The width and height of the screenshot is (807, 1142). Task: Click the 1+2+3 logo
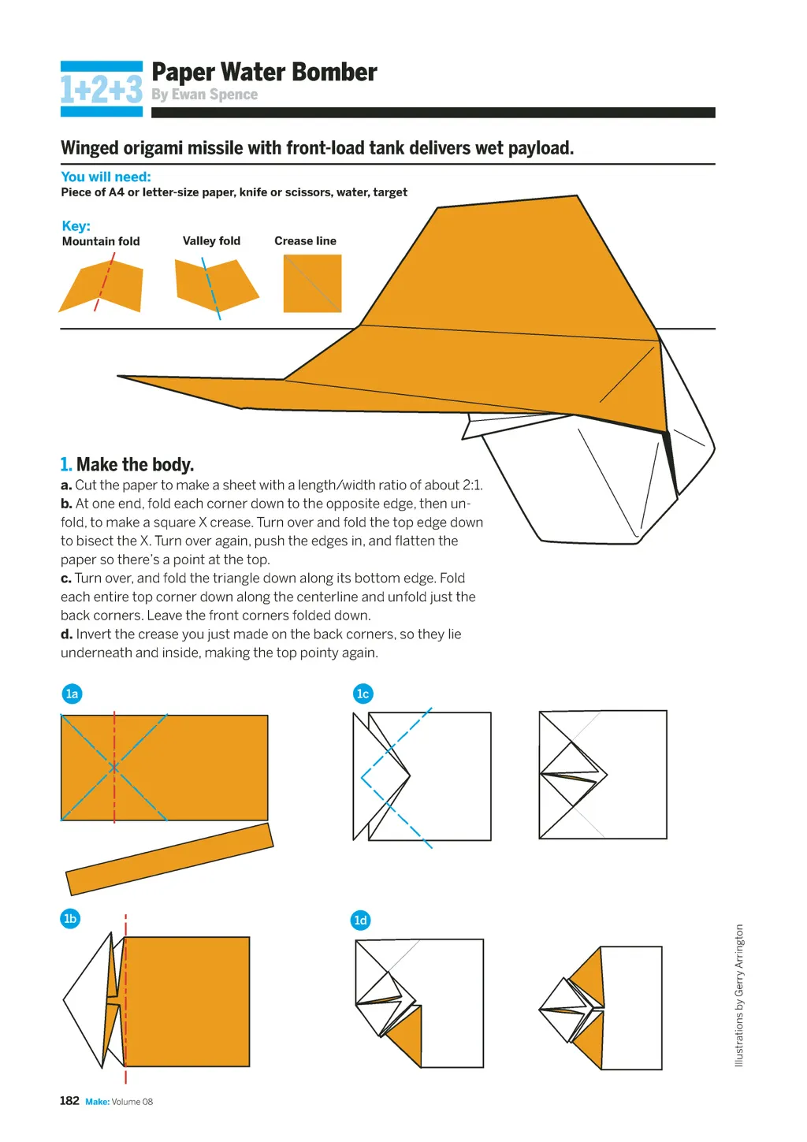click(x=102, y=89)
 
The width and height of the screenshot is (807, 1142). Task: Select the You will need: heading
click(x=106, y=177)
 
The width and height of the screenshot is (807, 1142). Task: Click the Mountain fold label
click(x=101, y=241)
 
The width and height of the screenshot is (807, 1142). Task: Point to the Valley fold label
click(x=211, y=240)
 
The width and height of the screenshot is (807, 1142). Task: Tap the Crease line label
click(x=305, y=240)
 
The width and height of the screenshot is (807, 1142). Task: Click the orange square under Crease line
click(x=313, y=284)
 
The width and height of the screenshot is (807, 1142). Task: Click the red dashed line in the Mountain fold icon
click(x=105, y=281)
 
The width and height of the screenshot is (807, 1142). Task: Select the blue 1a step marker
click(x=72, y=694)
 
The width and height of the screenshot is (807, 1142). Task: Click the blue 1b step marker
click(x=70, y=919)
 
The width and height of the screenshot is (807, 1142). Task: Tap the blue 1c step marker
click(x=363, y=694)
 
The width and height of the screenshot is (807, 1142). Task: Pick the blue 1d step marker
click(x=360, y=921)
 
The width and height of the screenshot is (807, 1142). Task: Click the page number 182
click(x=69, y=1101)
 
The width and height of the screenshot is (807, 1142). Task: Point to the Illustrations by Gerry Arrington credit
click(x=739, y=995)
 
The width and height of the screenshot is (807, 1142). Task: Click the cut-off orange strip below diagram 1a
click(x=169, y=859)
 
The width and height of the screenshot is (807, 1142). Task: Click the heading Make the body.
click(x=135, y=464)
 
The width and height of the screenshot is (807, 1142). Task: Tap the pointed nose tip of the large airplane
click(x=118, y=376)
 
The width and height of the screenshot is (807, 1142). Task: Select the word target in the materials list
click(x=390, y=192)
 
